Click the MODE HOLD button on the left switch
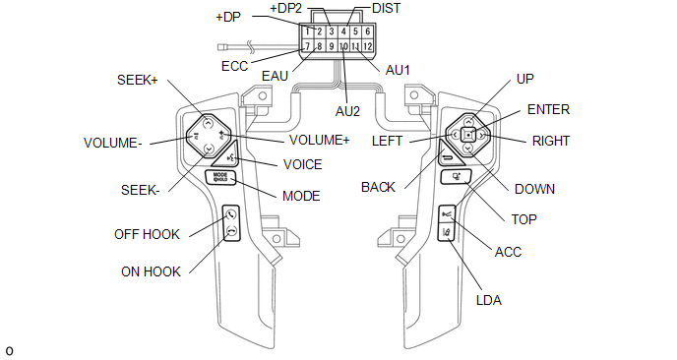(x=220, y=177)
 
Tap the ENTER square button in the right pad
(x=468, y=135)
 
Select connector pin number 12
(x=367, y=46)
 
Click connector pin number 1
(x=307, y=31)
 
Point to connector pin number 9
(x=332, y=46)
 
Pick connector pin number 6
(x=367, y=31)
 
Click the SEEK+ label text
(x=138, y=80)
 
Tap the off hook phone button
(x=231, y=213)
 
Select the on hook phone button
(x=231, y=232)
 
